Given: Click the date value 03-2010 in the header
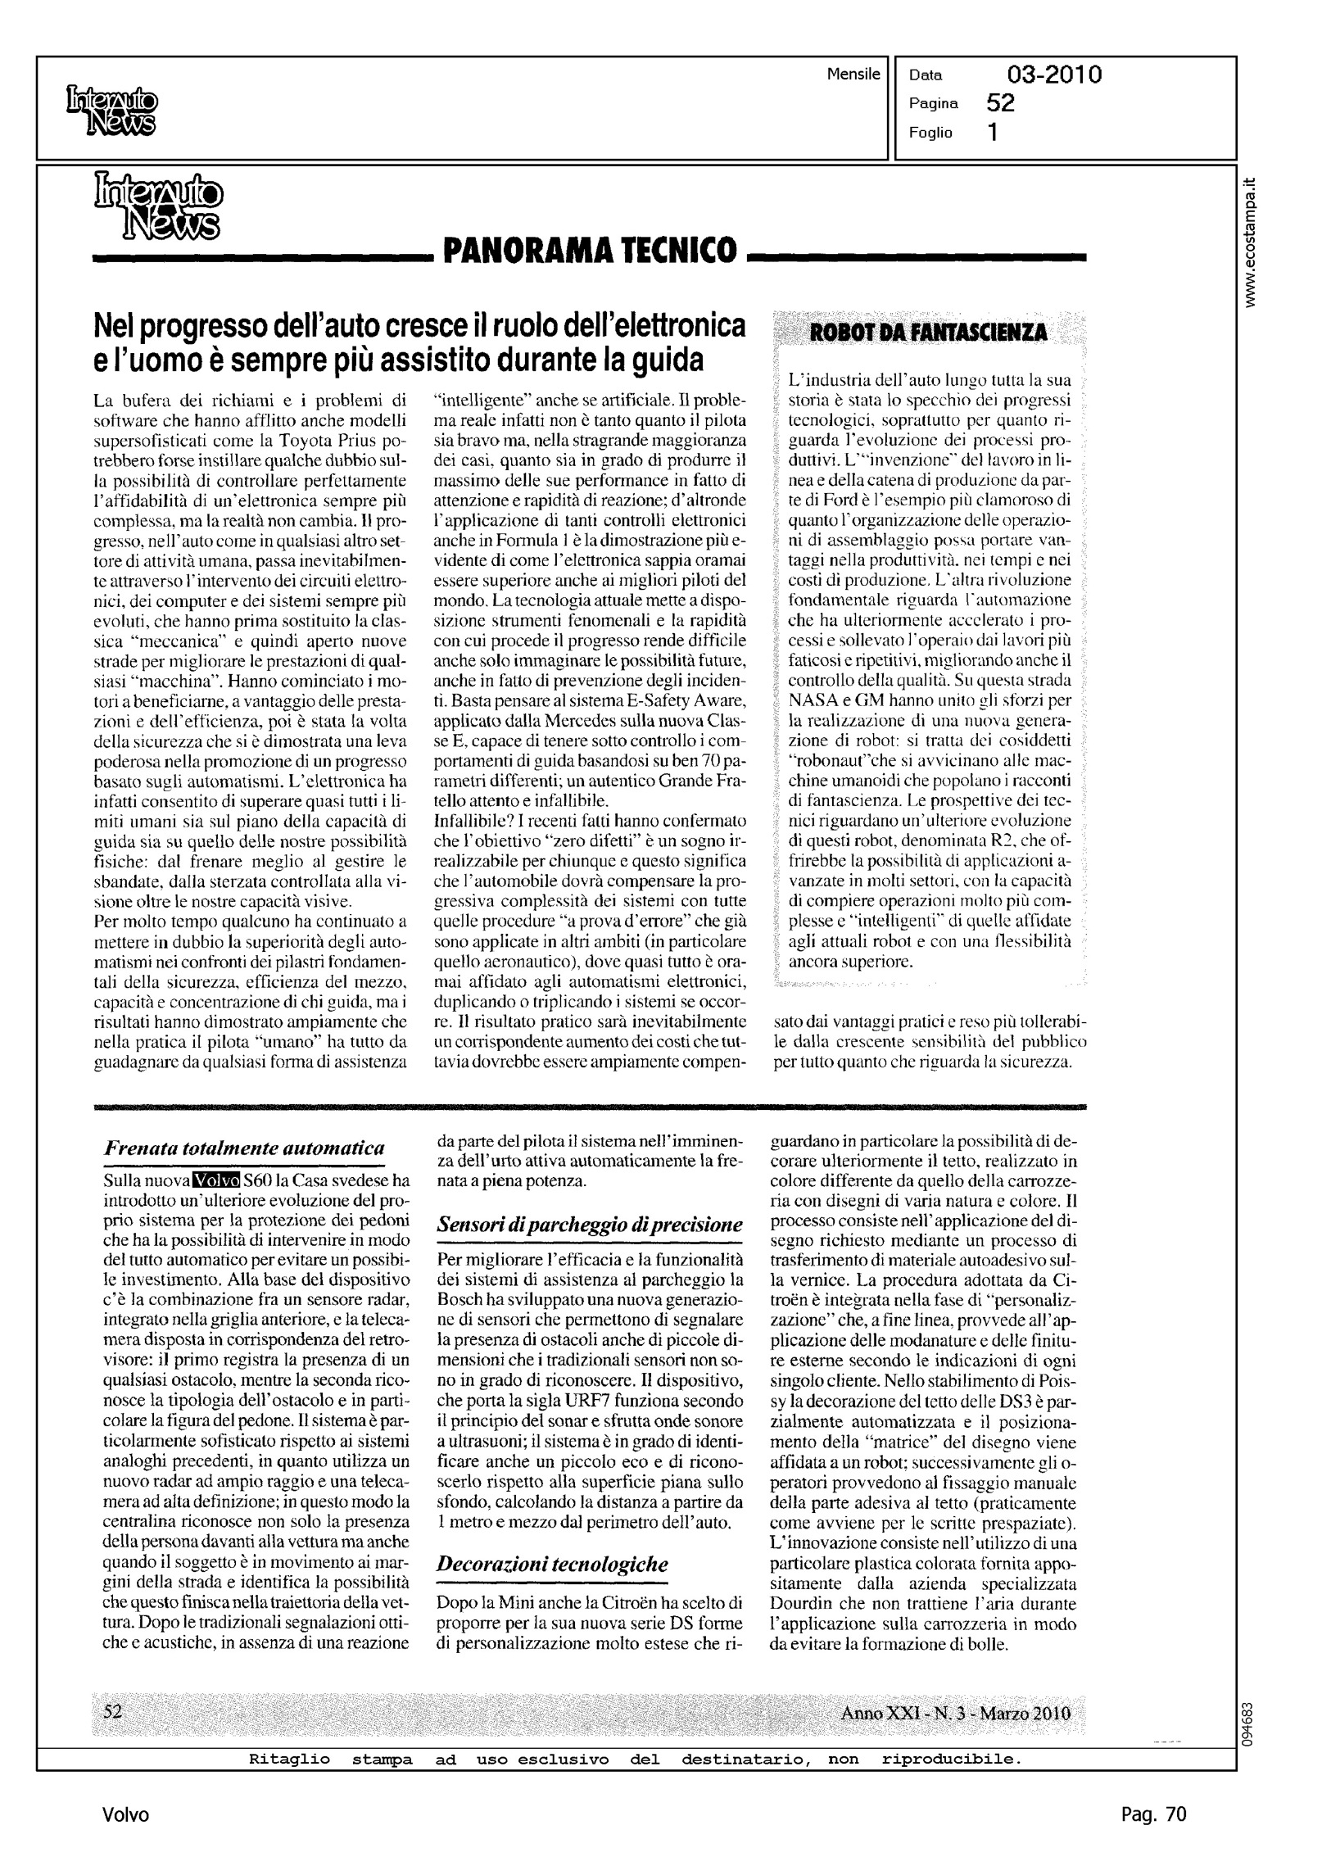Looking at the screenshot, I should click(1054, 75).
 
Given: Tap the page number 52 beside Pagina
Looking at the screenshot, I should click(1001, 103).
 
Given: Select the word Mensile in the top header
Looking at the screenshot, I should click(853, 75).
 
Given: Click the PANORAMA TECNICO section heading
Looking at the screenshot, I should click(589, 249).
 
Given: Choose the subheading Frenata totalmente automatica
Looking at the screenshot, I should click(244, 1149).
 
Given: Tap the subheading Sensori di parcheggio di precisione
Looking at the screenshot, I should click(590, 1225).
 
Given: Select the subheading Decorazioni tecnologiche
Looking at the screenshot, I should click(552, 1564).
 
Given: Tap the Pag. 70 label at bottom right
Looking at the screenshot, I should click(1153, 1814).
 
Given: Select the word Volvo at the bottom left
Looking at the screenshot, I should click(126, 1815).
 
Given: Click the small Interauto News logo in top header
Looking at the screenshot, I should click(111, 111).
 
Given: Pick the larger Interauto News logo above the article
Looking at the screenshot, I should click(158, 205).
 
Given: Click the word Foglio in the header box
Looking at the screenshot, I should click(930, 133).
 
